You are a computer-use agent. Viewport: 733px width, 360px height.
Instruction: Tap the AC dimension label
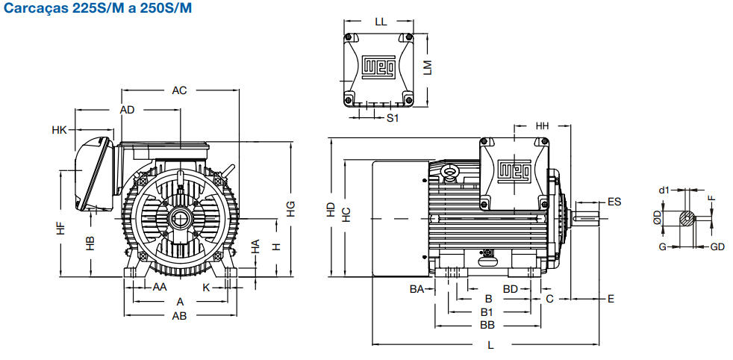point(179,90)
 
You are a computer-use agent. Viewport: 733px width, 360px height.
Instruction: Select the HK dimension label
point(60,130)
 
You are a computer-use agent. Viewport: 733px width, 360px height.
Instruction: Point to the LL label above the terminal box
point(381,22)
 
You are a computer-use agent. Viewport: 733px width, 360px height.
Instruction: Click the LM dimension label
point(427,67)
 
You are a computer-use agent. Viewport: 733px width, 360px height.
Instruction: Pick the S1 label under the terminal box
point(393,118)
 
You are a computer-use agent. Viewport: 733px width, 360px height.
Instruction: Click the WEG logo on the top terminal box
point(380,67)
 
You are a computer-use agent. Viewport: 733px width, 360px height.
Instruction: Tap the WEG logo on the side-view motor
point(514,170)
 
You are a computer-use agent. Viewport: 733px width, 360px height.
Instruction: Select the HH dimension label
point(542,125)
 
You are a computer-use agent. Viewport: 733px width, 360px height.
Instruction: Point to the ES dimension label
point(614,202)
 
